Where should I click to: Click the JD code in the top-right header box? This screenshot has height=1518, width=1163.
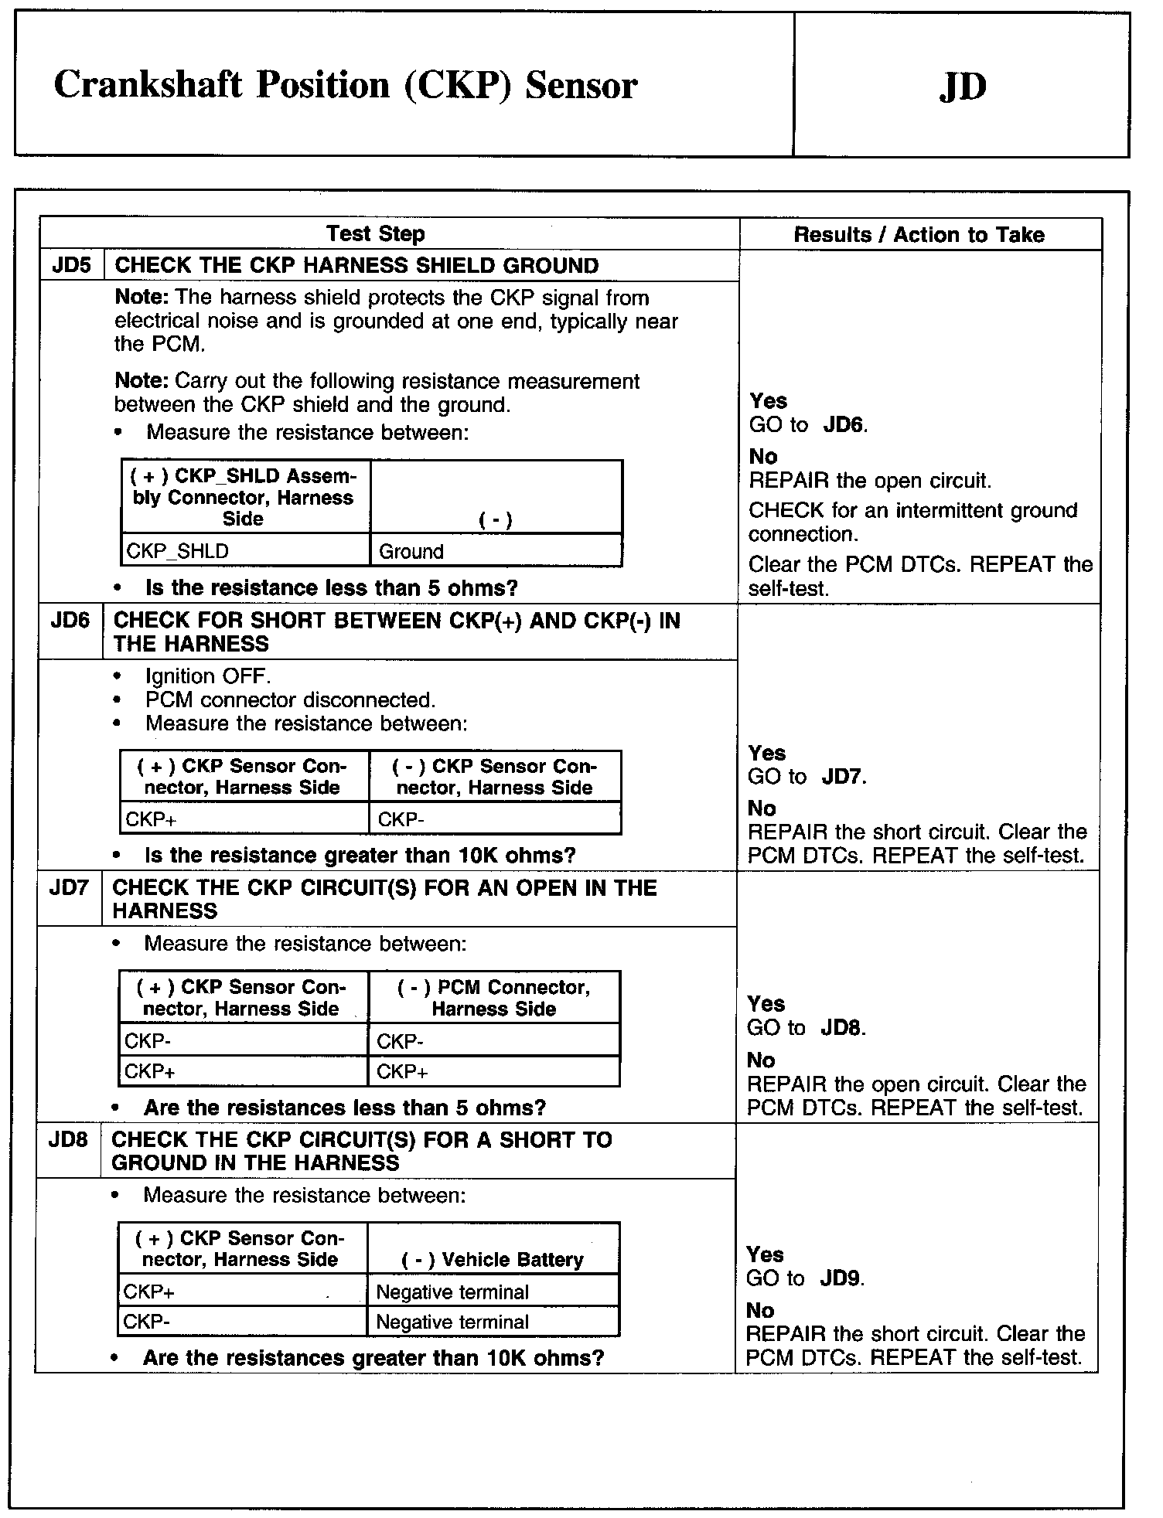tap(963, 87)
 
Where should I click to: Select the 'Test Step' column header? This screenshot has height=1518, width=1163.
tap(375, 233)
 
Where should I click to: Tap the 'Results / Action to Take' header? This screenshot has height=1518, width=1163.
tap(919, 235)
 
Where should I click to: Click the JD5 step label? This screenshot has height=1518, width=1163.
tap(71, 266)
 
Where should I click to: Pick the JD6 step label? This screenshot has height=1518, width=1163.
tap(70, 621)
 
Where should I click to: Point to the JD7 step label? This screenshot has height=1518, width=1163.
tap(69, 887)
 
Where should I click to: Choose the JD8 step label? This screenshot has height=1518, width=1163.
tap(68, 1139)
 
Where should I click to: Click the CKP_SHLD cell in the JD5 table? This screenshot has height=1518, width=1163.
tap(178, 551)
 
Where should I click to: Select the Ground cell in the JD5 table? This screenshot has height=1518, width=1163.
tap(411, 552)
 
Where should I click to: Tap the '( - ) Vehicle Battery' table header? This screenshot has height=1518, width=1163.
tap(492, 1260)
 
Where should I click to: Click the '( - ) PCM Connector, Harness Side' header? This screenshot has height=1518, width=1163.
tap(493, 998)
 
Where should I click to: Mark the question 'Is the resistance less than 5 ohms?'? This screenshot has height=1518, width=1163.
tap(331, 588)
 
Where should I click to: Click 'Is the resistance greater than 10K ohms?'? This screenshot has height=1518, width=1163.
tap(360, 856)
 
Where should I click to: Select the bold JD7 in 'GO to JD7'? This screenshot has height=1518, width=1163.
tap(843, 777)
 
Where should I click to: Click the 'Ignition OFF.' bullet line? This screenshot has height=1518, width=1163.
tap(207, 676)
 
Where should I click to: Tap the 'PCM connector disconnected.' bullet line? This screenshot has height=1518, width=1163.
tap(290, 700)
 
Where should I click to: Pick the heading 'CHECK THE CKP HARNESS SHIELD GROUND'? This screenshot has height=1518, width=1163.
tap(356, 266)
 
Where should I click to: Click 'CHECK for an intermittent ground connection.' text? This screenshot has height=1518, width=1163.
tap(912, 522)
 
